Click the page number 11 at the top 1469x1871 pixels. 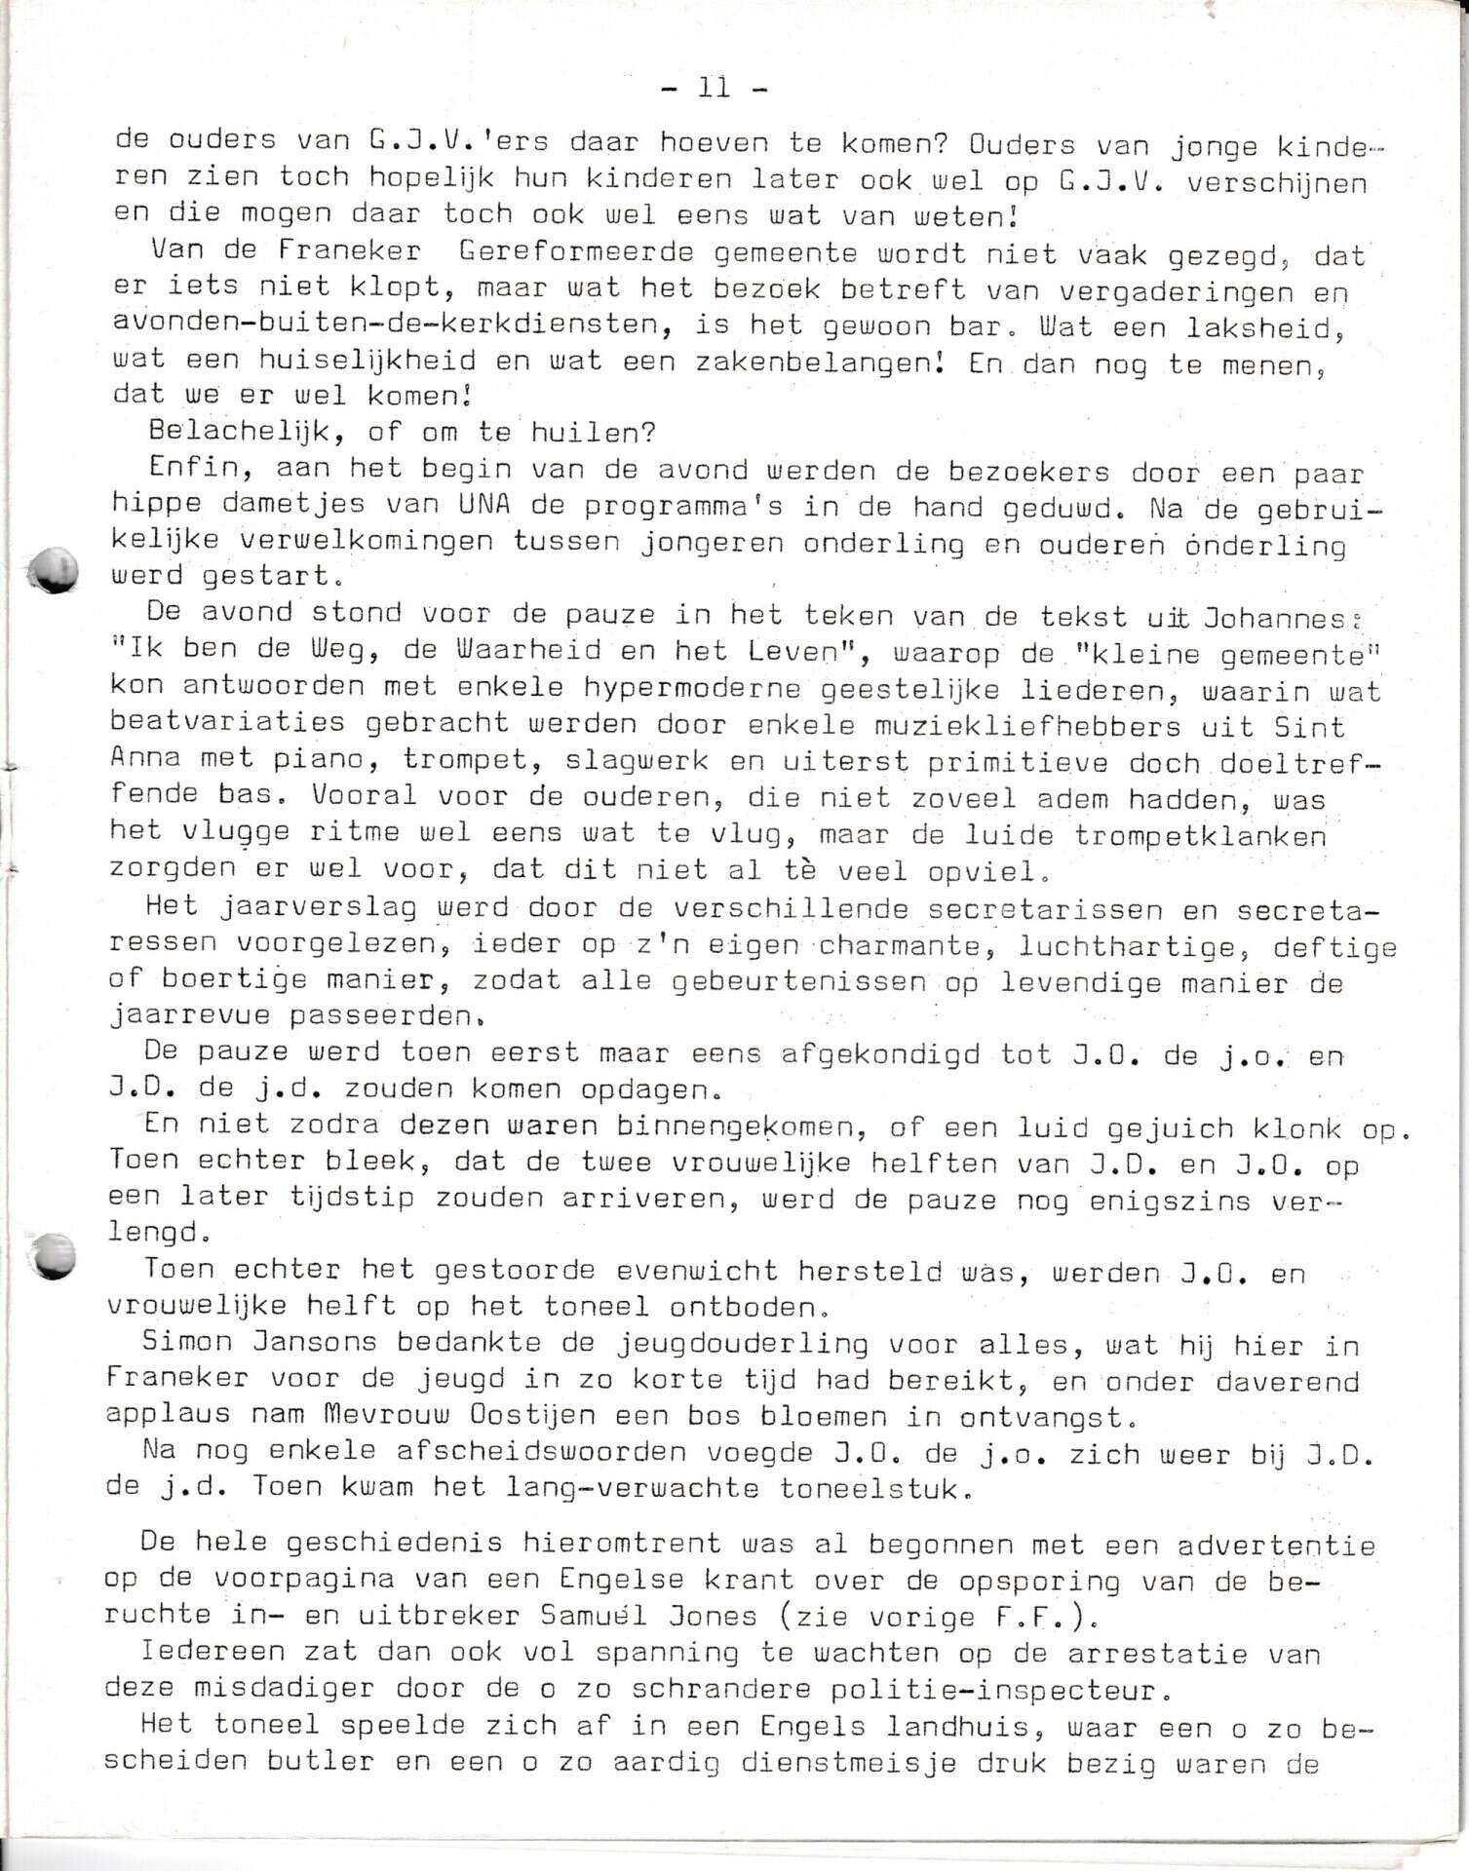(x=714, y=88)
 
